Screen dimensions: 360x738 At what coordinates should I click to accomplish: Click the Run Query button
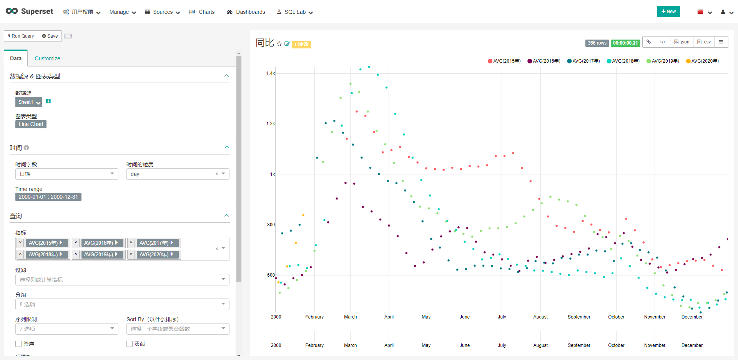(x=21, y=36)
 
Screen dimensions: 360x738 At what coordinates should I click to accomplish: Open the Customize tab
(x=47, y=58)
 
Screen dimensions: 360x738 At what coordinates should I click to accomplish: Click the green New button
(x=668, y=12)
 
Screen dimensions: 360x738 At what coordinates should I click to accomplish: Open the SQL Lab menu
(x=295, y=12)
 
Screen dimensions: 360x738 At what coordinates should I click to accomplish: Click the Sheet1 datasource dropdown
(x=28, y=102)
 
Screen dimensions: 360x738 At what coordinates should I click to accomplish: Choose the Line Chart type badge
(x=31, y=124)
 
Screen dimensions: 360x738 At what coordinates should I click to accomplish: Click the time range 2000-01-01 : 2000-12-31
(x=48, y=197)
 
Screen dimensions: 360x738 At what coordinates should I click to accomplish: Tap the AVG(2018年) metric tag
(x=43, y=254)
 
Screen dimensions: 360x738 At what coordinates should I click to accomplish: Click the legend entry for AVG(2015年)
(x=504, y=61)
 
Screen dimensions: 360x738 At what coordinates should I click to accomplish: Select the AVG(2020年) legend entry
(x=702, y=61)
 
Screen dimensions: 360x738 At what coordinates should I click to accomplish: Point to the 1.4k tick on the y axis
(x=271, y=73)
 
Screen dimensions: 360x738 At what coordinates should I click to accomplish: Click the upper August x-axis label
(x=540, y=317)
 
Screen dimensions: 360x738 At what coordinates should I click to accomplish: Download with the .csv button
(x=704, y=42)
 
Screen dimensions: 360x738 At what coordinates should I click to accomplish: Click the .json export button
(x=682, y=42)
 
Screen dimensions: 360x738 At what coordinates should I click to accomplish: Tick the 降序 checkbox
(x=18, y=344)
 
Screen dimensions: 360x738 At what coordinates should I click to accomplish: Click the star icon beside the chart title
(x=279, y=44)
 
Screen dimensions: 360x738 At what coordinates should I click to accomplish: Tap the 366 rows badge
(x=597, y=43)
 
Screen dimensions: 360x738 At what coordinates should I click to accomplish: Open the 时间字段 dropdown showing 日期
(x=66, y=174)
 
